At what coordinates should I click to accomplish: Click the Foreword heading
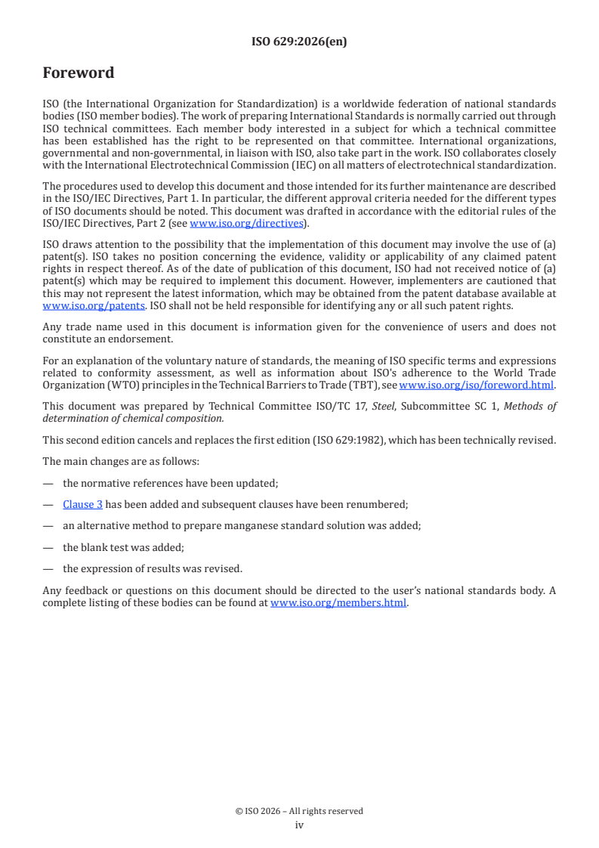tap(79, 73)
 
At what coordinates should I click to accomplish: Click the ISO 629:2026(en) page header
tap(299, 42)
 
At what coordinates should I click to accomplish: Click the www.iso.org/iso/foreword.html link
tap(471, 384)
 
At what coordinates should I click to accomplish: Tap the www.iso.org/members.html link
tap(338, 602)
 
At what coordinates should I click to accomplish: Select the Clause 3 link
tap(83, 504)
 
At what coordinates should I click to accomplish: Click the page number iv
tap(299, 825)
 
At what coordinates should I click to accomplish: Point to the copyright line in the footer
tap(299, 811)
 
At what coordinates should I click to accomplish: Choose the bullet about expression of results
tap(153, 568)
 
